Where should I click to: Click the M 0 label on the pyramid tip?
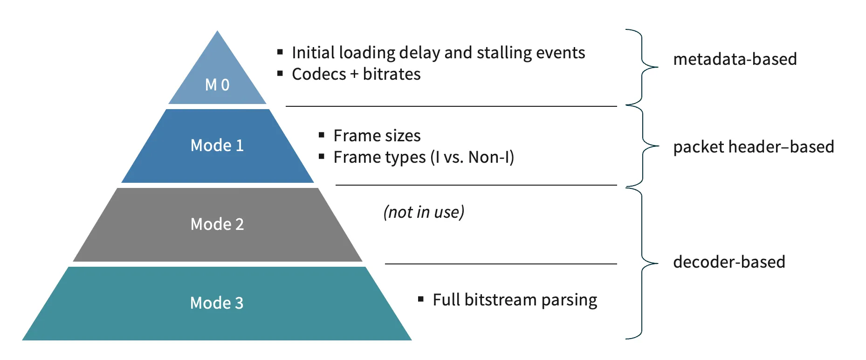click(x=217, y=85)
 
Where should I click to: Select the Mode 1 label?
click(x=217, y=145)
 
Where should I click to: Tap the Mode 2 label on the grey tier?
click(x=217, y=224)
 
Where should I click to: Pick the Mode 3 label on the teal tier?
click(x=217, y=303)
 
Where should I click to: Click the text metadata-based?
click(x=735, y=59)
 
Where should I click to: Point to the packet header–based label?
click(x=754, y=147)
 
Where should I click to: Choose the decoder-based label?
click(x=729, y=262)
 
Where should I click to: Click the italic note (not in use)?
click(x=424, y=212)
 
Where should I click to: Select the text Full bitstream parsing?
click(x=515, y=300)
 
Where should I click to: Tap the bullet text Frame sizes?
click(x=377, y=136)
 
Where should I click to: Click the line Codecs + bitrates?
click(x=356, y=74)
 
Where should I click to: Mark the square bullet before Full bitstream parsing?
click(x=421, y=299)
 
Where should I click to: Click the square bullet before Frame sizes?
click(x=322, y=135)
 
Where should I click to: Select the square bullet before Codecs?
click(x=280, y=73)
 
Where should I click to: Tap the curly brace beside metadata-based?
click(x=643, y=67)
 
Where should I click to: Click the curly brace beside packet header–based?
click(x=644, y=146)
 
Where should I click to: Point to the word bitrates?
click(x=392, y=74)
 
